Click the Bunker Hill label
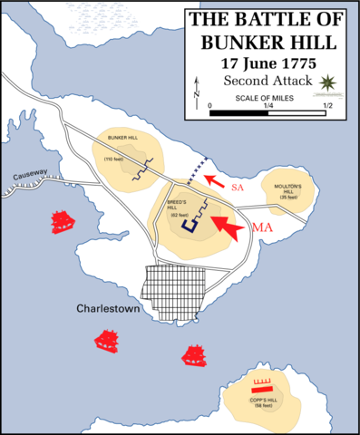click(x=123, y=140)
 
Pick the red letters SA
click(x=238, y=187)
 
